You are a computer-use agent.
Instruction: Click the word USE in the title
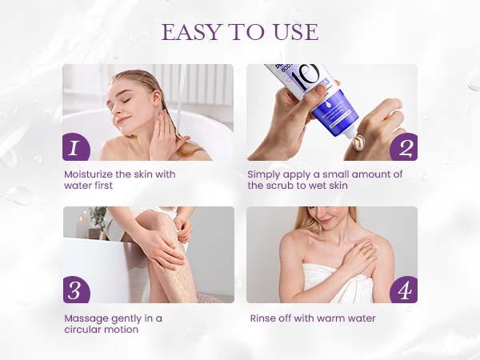pyautogui.click(x=291, y=32)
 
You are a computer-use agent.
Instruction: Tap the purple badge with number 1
pyautogui.click(x=75, y=147)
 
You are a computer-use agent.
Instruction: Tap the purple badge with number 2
pyautogui.click(x=404, y=147)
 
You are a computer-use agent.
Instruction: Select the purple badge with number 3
pyautogui.click(x=75, y=290)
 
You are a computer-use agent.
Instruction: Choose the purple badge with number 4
pyautogui.click(x=404, y=290)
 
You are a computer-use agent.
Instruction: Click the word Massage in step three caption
pyautogui.click(x=86, y=318)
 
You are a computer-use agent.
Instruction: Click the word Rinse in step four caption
pyautogui.click(x=263, y=318)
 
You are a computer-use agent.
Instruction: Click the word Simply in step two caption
pyautogui.click(x=263, y=174)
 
